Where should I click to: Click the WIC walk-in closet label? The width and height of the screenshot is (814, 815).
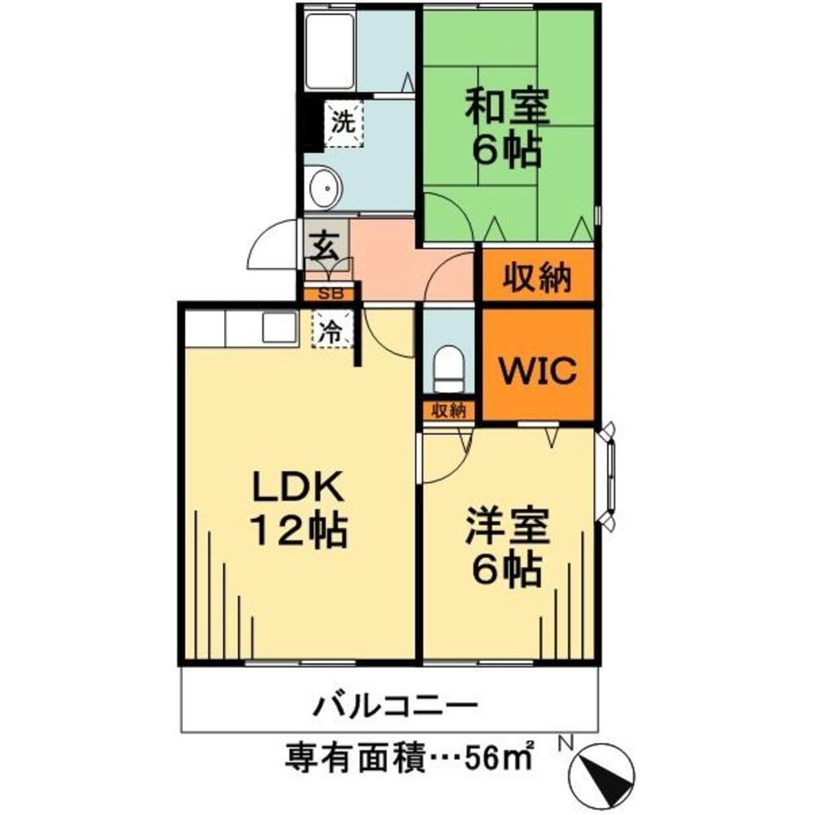(x=538, y=371)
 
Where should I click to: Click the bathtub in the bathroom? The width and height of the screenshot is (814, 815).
(x=329, y=51)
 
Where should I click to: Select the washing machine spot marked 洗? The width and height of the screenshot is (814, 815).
(x=343, y=124)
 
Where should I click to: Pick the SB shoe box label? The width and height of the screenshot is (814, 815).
(x=329, y=292)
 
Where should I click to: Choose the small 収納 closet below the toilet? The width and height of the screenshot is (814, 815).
(x=447, y=410)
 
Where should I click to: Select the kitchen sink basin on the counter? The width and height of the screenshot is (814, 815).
(x=279, y=328)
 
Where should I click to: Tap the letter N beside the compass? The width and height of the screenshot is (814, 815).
(x=565, y=744)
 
